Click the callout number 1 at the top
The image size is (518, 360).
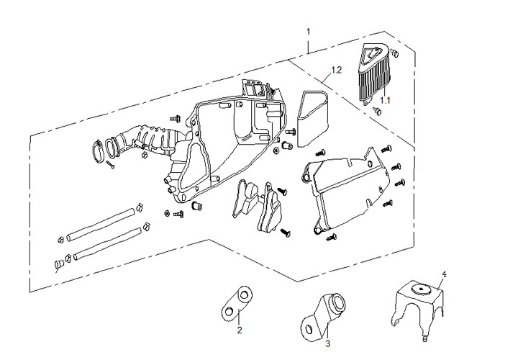tap(308, 32)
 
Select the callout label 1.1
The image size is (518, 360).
tap(385, 100)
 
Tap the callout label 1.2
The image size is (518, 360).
tap(335, 71)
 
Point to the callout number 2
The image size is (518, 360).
tap(240, 331)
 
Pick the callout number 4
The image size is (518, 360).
tap(444, 274)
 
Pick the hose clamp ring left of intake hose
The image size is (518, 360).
tap(96, 151)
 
